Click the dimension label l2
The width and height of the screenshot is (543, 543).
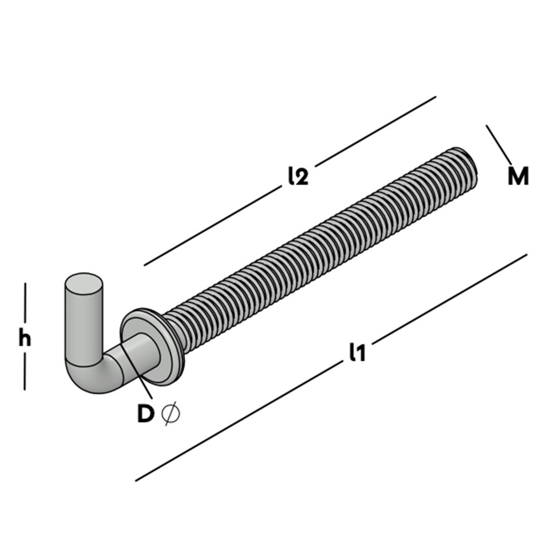[298, 176]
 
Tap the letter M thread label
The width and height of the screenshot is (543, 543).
[518, 177]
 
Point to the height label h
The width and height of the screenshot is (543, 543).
[24, 338]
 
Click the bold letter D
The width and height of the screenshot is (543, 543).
[145, 414]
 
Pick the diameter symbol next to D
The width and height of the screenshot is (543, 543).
[171, 414]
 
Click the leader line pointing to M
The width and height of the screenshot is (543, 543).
[498, 144]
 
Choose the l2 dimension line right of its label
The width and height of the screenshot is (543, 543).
[375, 130]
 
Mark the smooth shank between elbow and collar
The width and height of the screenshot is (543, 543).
[136, 353]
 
